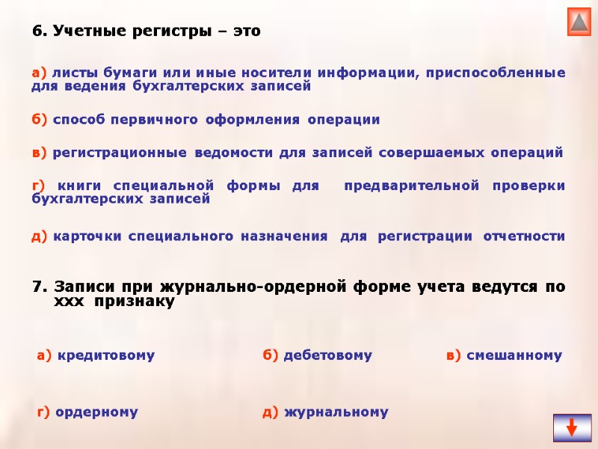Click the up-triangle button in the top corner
click(x=579, y=22)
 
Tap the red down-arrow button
click(x=572, y=427)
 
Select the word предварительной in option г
click(x=404, y=186)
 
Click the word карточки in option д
click(x=85, y=236)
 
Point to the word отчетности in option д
click(x=524, y=236)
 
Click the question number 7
click(x=40, y=287)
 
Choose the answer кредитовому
click(x=105, y=356)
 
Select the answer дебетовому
click(x=327, y=356)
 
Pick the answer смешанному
click(x=514, y=356)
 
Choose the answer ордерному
click(x=97, y=412)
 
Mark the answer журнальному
click(x=336, y=412)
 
